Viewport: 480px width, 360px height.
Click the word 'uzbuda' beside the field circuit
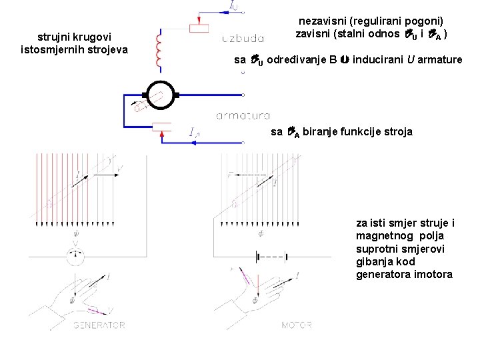click(243, 38)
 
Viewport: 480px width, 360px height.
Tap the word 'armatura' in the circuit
click(243, 116)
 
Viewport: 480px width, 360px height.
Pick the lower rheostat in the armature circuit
click(162, 127)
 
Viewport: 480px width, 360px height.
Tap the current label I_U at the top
click(233, 6)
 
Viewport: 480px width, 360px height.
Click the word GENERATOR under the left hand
click(99, 325)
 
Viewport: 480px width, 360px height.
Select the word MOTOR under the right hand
click(297, 325)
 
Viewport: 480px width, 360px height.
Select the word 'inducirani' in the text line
click(377, 60)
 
